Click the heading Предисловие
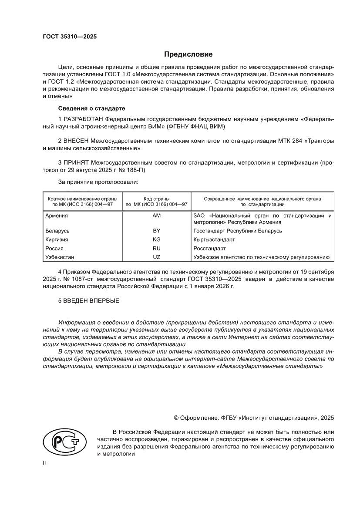pos(188,54)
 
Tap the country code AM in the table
pos(156,216)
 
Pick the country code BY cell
pos(156,231)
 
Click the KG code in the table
pos(156,239)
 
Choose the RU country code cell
pos(156,249)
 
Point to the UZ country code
pos(156,257)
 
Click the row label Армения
pos(57,216)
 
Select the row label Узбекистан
pos(60,257)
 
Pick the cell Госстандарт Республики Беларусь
pos(237,231)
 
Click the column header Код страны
pos(156,199)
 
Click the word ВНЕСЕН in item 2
pos(77,141)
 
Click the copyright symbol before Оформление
pos(176,418)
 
